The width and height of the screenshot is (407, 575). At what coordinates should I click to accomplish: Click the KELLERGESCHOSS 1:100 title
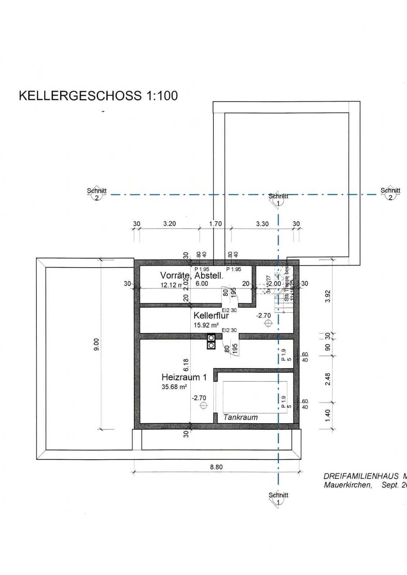98,96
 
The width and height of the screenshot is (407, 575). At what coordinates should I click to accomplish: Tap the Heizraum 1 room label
184,377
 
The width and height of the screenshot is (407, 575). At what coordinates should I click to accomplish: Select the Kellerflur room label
211,316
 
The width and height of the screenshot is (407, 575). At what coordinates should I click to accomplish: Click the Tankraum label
240,417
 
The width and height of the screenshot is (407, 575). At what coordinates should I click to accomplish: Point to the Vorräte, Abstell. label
192,276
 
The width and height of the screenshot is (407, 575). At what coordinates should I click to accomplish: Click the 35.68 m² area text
174,387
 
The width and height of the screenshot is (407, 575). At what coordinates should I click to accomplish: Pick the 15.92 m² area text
206,325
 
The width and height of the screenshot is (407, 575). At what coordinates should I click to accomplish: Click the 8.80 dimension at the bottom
216,467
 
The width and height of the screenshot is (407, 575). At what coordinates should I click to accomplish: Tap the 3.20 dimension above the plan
169,224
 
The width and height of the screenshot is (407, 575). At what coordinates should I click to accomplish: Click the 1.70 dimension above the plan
215,224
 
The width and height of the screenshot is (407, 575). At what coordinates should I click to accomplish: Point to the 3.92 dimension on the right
327,296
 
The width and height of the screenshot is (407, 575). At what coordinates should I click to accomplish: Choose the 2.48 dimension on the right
327,379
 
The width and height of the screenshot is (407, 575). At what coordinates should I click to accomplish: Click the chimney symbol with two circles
211,342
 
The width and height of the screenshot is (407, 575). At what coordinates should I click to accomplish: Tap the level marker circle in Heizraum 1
204,406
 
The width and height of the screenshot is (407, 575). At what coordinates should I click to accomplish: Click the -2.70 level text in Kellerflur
263,315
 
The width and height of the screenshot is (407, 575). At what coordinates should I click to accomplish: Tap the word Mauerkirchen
348,485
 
